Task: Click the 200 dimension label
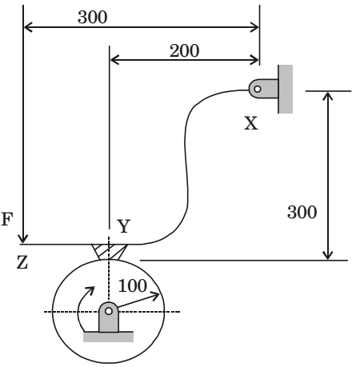[184, 50]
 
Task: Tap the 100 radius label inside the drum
[133, 285]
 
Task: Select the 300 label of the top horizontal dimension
[93, 17]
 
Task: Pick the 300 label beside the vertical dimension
[302, 212]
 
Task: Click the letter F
[7, 219]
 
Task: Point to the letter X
[251, 123]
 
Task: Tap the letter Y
[124, 226]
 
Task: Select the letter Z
[22, 262]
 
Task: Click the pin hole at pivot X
[258, 89]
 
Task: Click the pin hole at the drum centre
[109, 311]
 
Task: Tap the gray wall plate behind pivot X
[286, 89]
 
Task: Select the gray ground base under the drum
[108, 337]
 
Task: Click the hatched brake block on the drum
[109, 252]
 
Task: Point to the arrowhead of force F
[23, 238]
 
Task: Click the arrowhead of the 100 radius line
[156, 295]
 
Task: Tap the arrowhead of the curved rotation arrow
[90, 290]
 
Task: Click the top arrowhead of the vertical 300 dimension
[328, 96]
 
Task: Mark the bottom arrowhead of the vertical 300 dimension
[328, 255]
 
